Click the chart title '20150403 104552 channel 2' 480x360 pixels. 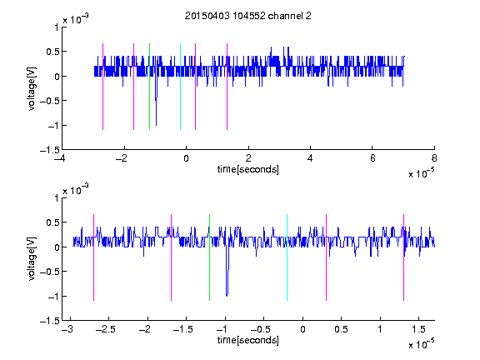[248, 16]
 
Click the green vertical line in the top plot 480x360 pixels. [149, 87]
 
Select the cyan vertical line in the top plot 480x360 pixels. [180, 87]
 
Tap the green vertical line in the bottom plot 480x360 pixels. [209, 257]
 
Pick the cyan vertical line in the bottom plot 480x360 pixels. [287, 257]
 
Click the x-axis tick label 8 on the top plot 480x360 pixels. [434, 158]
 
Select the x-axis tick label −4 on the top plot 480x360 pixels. [60, 158]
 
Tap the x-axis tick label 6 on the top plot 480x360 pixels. [372, 158]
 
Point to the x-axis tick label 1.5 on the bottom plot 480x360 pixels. [418, 329]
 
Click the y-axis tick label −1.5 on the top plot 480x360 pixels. [50, 150]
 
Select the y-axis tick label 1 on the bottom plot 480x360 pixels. [57, 198]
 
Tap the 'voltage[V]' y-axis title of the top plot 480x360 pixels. [32, 89]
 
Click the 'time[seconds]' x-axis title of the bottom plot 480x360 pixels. [248, 340]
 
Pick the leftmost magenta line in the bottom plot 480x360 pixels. [93, 257]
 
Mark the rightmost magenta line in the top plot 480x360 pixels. [227, 87]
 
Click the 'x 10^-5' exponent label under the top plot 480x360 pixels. [421, 173]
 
